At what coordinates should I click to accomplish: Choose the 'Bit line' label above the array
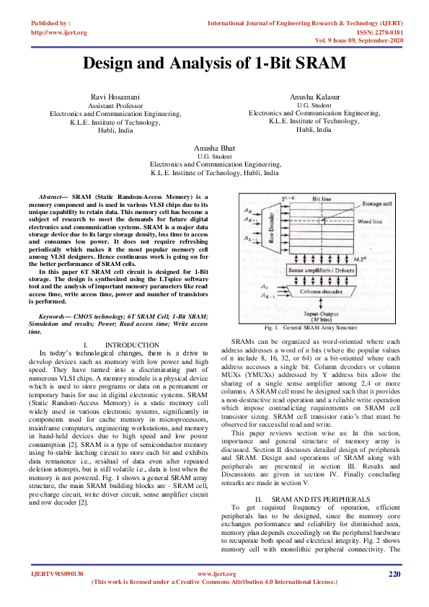click(x=322, y=197)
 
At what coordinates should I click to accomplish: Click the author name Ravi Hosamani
click(x=115, y=97)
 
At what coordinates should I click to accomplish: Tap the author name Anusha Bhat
click(x=214, y=148)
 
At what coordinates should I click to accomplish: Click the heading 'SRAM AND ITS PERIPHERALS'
click(x=323, y=479)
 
